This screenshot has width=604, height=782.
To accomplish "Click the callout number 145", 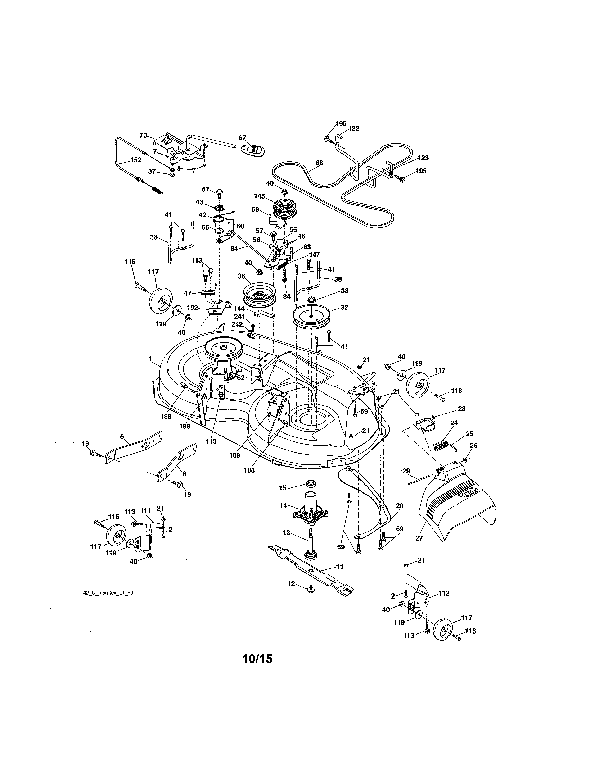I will tap(259, 196).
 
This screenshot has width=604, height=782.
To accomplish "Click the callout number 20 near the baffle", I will tap(400, 506).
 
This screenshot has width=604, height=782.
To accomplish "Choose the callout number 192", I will tap(193, 307).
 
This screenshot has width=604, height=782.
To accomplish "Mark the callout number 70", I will tap(143, 135).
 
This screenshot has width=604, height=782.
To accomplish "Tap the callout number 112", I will tap(444, 593).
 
